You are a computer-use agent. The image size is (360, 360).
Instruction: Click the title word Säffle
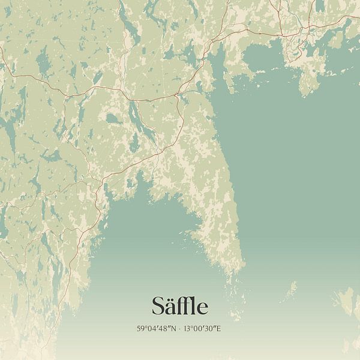[180, 307]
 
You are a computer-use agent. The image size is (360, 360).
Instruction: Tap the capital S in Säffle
[158, 307]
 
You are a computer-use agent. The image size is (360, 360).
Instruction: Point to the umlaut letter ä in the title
[170, 307]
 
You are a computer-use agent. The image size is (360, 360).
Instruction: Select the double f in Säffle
[183, 306]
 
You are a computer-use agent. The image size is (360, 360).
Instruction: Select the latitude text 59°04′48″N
[155, 328]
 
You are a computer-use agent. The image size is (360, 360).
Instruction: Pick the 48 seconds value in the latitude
[164, 328]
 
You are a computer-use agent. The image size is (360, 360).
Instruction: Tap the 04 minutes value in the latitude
[151, 328]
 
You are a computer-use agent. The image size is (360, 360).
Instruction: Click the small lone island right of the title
[290, 291]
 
